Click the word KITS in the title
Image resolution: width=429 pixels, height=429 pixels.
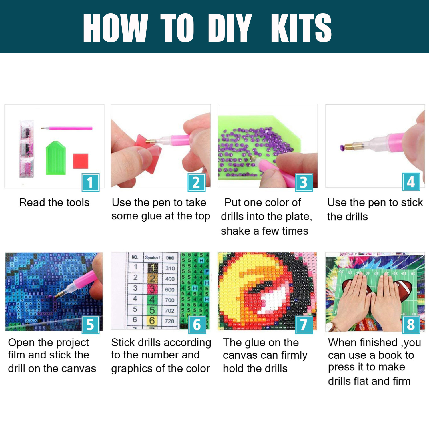pos(301,28)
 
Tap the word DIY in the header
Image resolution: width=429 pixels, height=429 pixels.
pos(230,28)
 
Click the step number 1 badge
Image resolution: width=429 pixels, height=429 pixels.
pos(90,182)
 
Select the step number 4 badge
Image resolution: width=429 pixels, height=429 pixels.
pos(411,182)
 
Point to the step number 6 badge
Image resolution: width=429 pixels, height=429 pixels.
pos(197,325)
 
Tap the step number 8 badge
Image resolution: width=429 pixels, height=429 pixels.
pos(411,325)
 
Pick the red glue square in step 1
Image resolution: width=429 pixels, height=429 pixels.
pos(81,161)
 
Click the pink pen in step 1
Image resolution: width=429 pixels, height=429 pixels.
pos(67,128)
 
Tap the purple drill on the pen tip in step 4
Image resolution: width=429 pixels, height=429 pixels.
pos(342,148)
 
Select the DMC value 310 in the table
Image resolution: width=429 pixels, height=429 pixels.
pos(170,268)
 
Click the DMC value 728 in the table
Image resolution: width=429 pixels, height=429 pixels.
pos(169,321)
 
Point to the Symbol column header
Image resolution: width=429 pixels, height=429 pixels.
pos(152,257)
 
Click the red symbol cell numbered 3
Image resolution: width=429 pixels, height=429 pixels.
pos(152,289)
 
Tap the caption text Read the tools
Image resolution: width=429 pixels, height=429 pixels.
pos(54,202)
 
